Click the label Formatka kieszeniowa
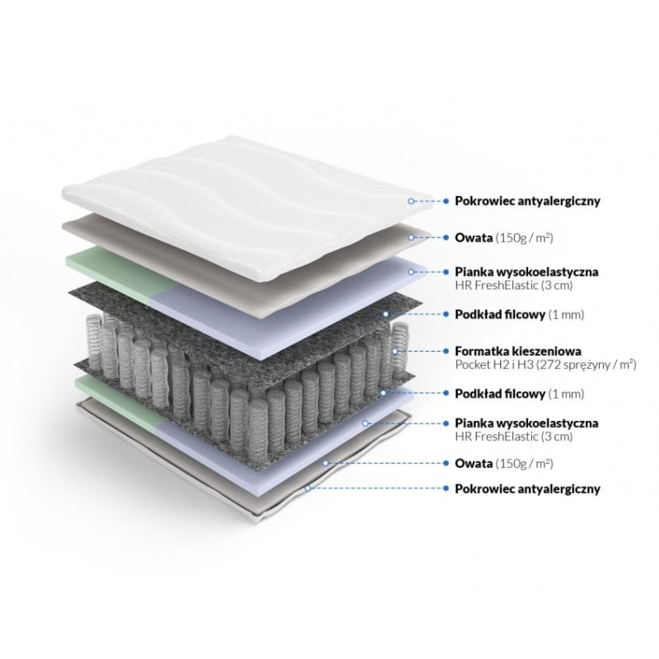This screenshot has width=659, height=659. (x=518, y=351)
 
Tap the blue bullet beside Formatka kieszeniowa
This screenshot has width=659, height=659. (x=446, y=351)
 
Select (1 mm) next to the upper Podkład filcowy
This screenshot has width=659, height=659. (x=566, y=315)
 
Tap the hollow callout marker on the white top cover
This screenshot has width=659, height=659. (x=411, y=201)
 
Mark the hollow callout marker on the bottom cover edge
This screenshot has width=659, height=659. (x=308, y=488)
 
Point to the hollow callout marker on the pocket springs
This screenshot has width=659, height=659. (x=395, y=351)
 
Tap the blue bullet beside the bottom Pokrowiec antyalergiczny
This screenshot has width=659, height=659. (x=446, y=488)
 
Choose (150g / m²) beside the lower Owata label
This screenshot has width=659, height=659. (x=524, y=464)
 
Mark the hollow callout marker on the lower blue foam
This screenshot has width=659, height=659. (x=365, y=423)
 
